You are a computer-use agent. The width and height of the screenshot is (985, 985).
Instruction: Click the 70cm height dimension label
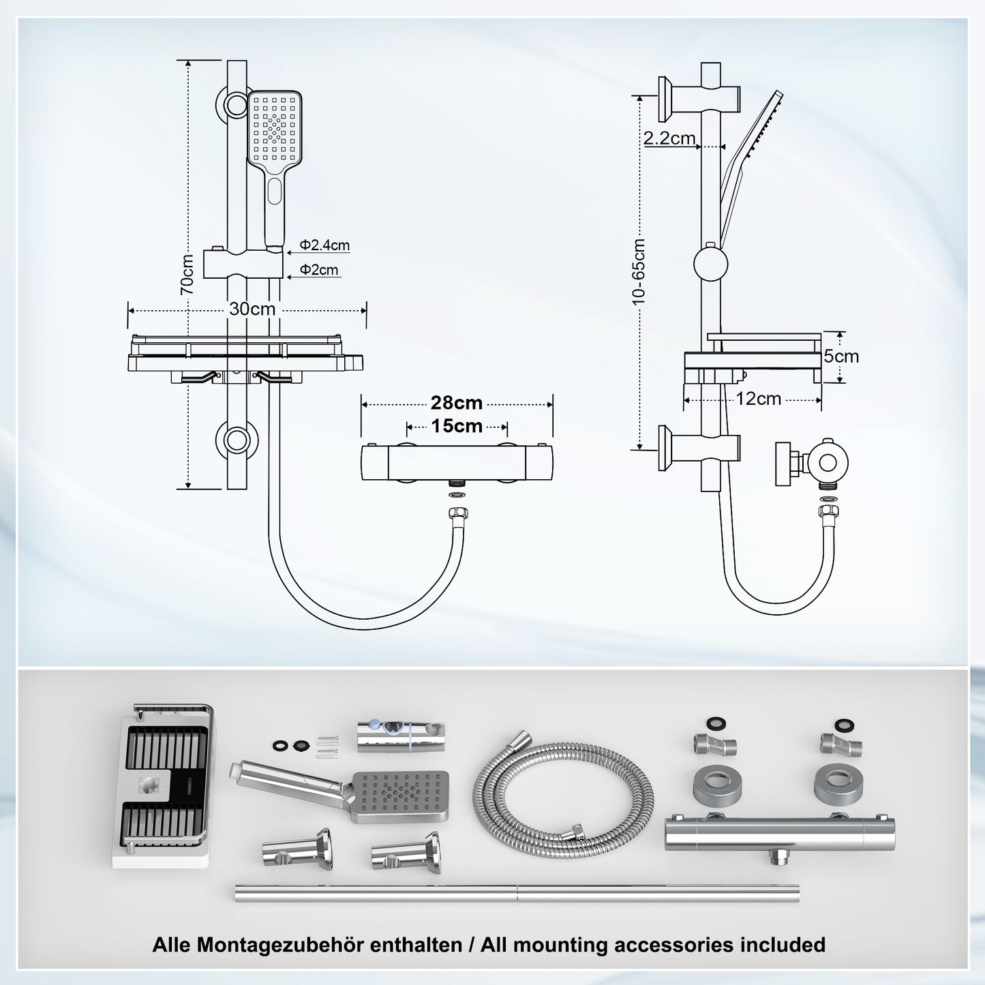[187, 273]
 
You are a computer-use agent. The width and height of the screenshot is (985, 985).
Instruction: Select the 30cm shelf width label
[252, 309]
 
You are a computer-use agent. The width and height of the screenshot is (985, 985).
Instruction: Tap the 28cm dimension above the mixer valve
[456, 403]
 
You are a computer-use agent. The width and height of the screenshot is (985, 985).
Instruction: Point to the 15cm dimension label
[456, 427]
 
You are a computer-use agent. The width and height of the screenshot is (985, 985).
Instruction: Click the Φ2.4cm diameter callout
[324, 245]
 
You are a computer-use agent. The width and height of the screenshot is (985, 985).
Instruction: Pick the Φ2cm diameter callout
[319, 270]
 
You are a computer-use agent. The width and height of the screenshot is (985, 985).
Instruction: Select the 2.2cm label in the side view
[669, 138]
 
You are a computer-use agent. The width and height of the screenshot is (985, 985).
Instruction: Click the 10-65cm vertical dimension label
[639, 272]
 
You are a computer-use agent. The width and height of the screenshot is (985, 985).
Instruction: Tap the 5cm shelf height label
[841, 357]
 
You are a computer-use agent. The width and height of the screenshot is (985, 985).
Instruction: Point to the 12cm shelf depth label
[758, 399]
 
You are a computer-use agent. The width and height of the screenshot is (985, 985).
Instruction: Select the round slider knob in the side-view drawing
[711, 264]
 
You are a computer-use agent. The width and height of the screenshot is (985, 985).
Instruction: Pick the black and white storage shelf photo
[163, 785]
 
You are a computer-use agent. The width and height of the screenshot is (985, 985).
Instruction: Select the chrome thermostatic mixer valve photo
[779, 832]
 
